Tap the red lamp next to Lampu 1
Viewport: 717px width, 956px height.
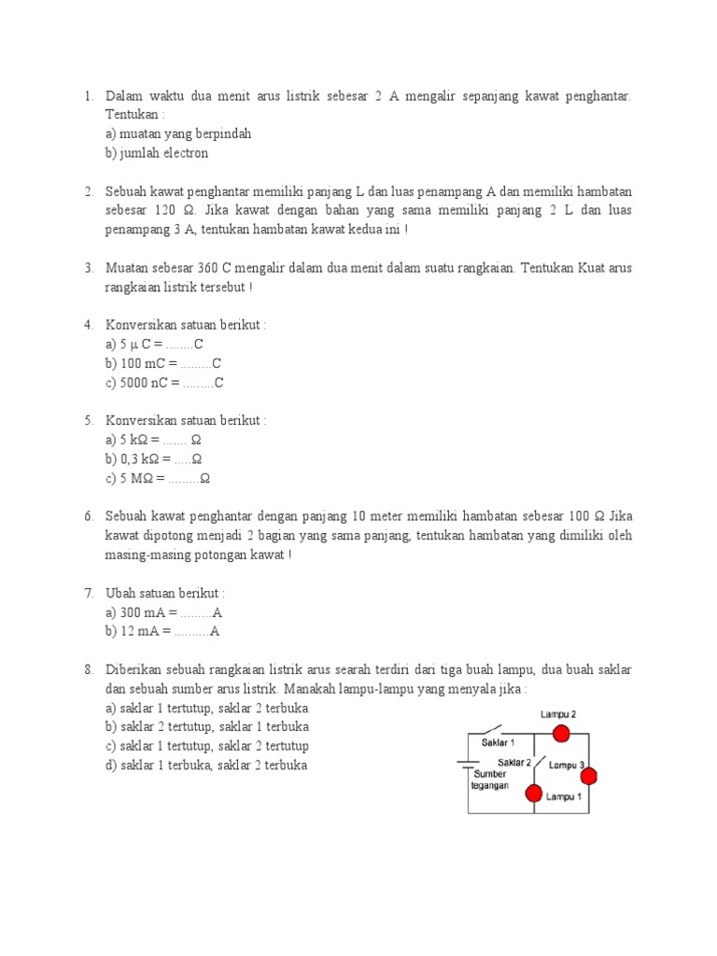click(533, 794)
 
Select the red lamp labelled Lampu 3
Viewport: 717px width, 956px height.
click(588, 777)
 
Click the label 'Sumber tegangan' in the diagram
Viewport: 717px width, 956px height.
click(490, 780)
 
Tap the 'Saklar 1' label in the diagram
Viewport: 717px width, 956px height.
click(498, 743)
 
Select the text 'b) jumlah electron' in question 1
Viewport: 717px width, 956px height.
click(157, 153)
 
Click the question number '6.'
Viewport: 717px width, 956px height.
click(89, 516)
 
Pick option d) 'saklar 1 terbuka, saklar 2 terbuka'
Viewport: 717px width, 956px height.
click(206, 766)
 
